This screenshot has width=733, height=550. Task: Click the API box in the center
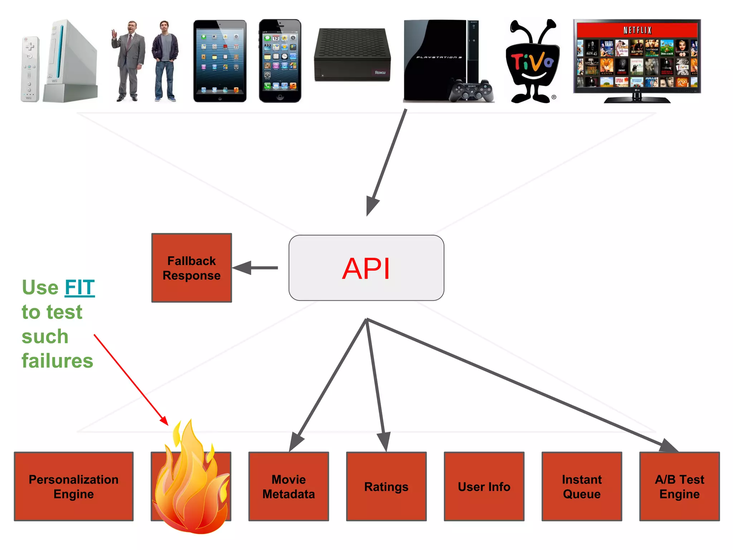coord(366,268)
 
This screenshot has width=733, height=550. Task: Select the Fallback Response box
coord(191,268)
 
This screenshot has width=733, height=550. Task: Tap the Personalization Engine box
coord(74,486)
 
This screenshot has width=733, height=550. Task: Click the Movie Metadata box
coord(288,486)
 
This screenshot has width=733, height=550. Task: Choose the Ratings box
coord(386,486)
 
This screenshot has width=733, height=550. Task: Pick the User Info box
coord(484,486)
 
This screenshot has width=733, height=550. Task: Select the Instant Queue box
coord(582,486)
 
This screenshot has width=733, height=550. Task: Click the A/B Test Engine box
coord(679,486)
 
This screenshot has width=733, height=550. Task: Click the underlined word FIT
coord(80,288)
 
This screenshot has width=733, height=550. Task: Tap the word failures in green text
coord(57,361)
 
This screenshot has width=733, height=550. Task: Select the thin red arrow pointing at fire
coord(131,380)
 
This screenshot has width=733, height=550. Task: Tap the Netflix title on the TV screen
coord(637,30)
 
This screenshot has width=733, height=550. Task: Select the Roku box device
coord(352,55)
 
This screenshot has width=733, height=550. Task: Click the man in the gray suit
coord(128,61)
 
